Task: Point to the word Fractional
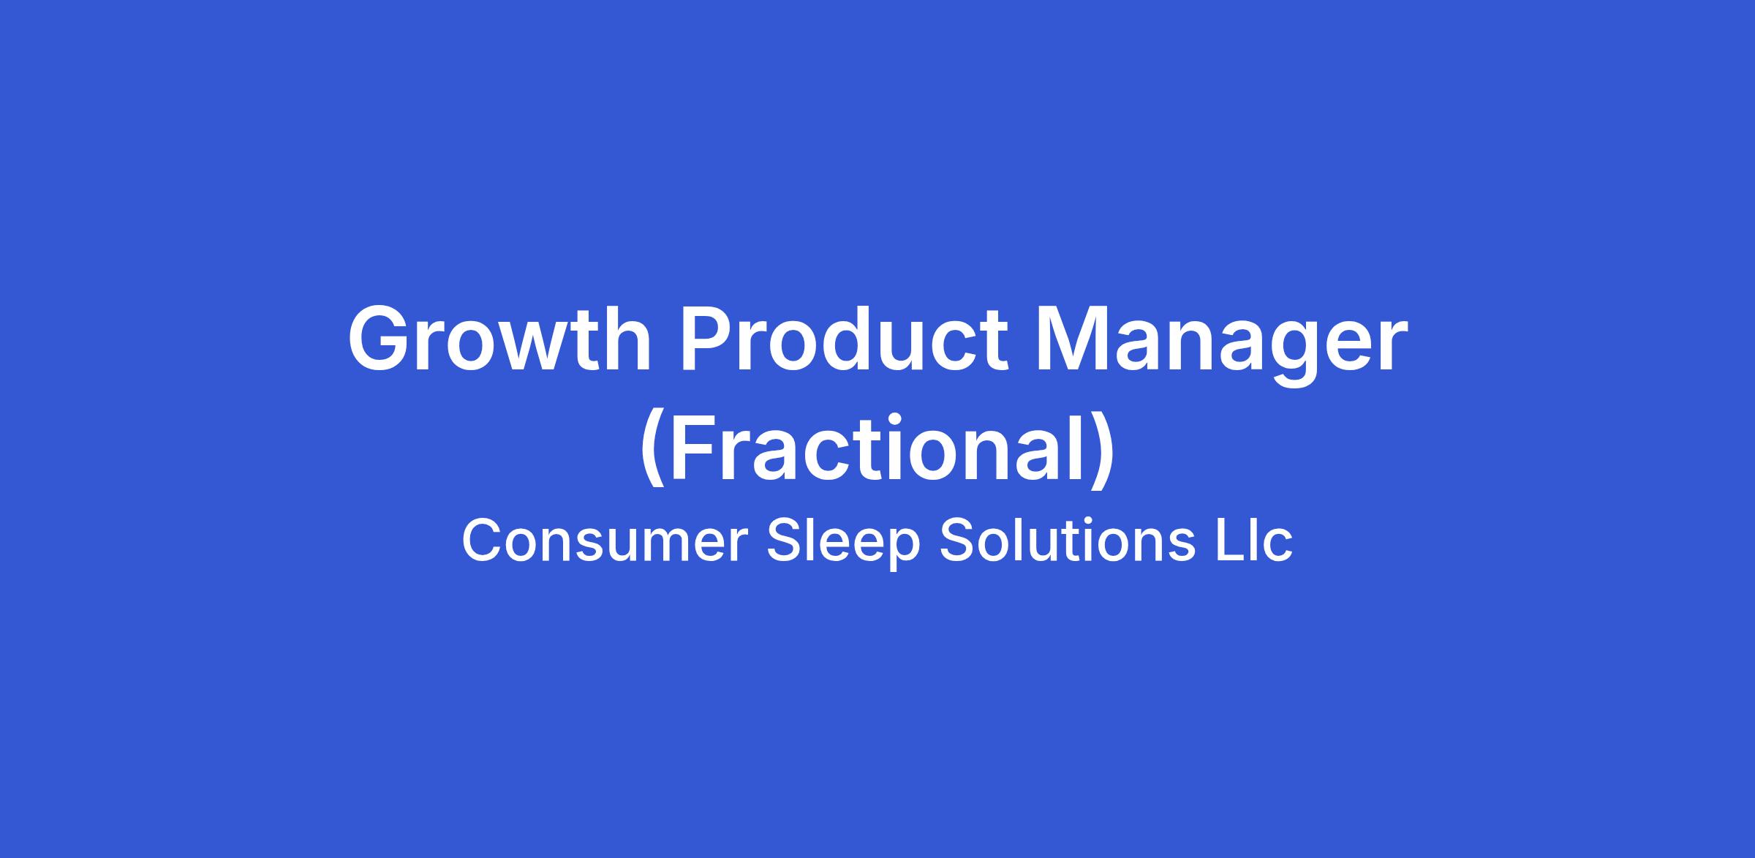tap(877, 451)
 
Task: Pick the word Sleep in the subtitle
tap(843, 545)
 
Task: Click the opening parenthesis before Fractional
tap(652, 451)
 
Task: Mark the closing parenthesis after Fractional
tap(1103, 451)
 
